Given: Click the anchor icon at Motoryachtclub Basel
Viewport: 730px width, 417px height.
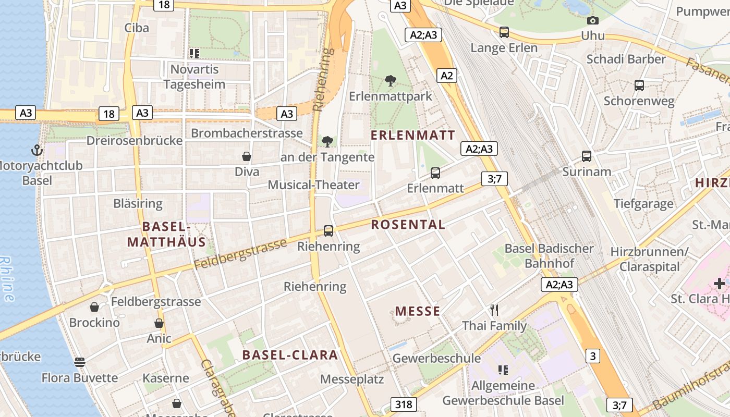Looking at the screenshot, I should coord(36,150).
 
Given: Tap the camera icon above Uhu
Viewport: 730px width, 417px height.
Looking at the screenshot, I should coord(592,21).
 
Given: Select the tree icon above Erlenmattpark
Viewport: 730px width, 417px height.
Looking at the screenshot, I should coord(390,81).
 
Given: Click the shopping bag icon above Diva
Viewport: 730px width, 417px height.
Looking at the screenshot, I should coord(247,156).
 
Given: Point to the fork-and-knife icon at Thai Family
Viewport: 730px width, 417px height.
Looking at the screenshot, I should coord(494,310).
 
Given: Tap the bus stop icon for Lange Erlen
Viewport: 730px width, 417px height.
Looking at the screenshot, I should coord(504,32).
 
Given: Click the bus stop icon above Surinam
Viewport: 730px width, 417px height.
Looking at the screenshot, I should coord(587,156).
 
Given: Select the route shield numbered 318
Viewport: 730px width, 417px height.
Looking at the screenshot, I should coord(403,404).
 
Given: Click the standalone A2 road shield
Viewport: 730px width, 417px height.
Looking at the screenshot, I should coord(447,76).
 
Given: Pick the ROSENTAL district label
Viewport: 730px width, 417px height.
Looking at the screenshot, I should coord(408,225).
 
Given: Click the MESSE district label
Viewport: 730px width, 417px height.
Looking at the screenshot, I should coord(418,312).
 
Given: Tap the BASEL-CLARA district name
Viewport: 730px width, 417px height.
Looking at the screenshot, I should coord(290,355).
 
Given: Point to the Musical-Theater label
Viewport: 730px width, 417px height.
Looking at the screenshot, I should coord(313,185).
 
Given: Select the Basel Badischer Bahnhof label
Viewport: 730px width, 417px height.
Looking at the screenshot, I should coord(549,256).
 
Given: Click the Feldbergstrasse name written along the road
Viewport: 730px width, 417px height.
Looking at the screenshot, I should coord(240,254).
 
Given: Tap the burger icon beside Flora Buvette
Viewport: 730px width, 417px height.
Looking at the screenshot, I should coord(79,362).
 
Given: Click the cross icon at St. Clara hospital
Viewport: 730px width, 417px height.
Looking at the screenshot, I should coord(720,284).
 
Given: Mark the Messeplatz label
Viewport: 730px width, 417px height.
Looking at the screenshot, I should coord(352,379).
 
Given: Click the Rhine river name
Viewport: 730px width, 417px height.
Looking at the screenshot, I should coord(7,279).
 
